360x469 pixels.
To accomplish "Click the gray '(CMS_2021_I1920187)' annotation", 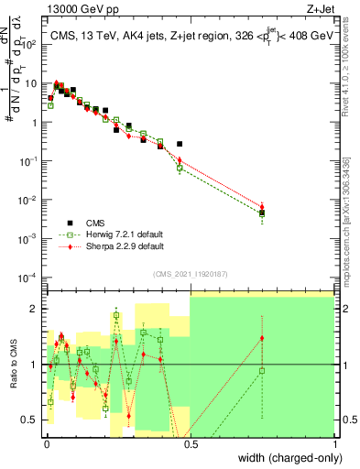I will click(191, 272).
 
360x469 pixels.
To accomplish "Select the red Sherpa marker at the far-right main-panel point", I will click(262, 208).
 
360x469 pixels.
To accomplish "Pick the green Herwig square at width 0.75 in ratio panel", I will click(262, 371).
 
